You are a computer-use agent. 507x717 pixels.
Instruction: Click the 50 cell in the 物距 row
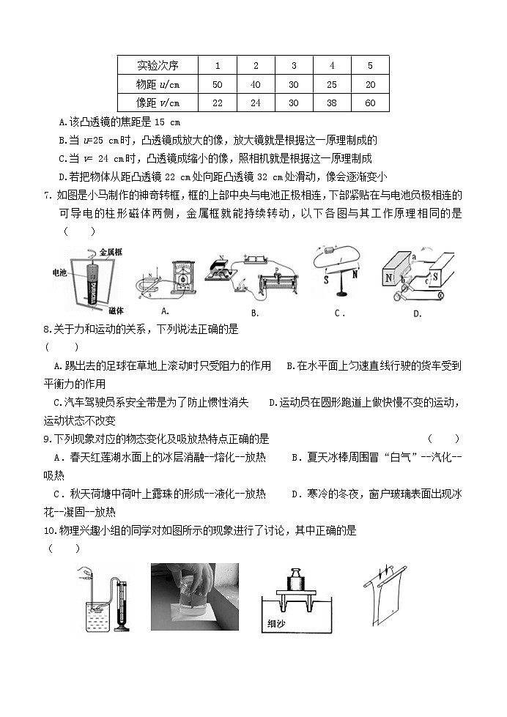click(x=217, y=84)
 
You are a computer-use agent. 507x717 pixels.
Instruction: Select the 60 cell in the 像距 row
click(x=370, y=103)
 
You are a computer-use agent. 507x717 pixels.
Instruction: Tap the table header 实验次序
click(x=158, y=65)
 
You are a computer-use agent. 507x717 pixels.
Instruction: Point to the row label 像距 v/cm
click(x=158, y=103)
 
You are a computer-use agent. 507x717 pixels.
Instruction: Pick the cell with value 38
click(x=332, y=103)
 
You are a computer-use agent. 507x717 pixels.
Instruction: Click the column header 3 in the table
click(x=294, y=65)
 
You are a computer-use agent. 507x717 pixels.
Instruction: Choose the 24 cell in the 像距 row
click(x=256, y=103)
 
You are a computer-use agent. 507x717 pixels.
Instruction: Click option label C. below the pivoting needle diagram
click(x=339, y=313)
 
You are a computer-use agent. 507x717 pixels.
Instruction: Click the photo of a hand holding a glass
click(x=194, y=596)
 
